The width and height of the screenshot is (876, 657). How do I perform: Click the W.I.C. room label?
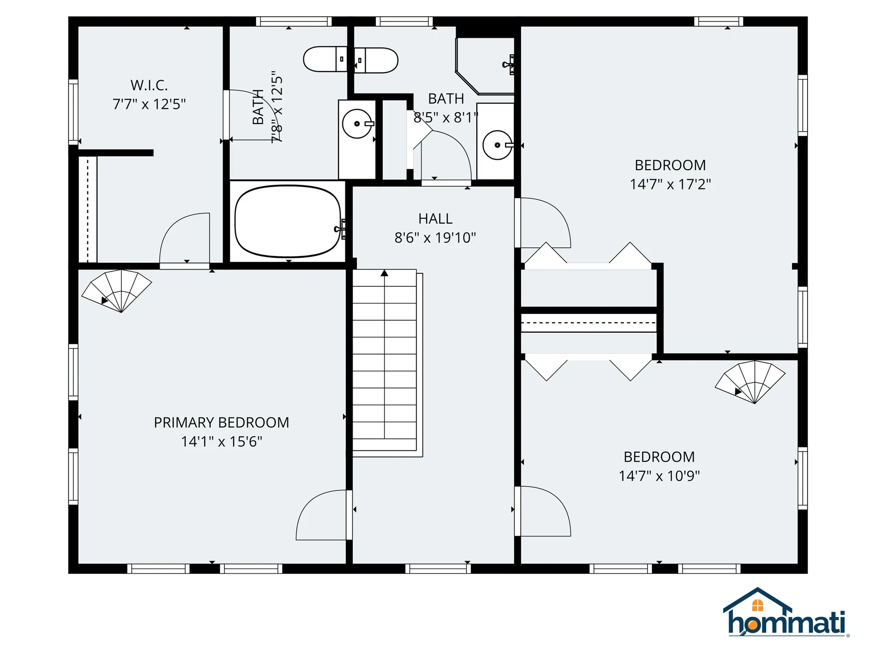(x=149, y=85)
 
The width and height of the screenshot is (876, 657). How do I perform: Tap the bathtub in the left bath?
(x=287, y=221)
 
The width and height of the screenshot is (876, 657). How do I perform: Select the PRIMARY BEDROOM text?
(x=221, y=422)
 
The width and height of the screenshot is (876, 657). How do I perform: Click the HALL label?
(x=435, y=219)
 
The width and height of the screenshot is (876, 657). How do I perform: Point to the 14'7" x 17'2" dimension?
(x=670, y=184)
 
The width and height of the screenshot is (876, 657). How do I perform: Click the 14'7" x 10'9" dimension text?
(x=659, y=476)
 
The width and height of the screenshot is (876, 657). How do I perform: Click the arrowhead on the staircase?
(x=385, y=273)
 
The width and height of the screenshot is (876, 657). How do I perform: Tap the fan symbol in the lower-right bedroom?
(x=751, y=381)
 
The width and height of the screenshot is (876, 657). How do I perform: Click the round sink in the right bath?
(x=497, y=145)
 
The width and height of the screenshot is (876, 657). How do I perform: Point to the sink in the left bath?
(x=357, y=124)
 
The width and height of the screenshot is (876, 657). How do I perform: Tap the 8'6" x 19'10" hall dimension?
(x=435, y=238)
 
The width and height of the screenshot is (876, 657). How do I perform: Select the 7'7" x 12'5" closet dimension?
(x=149, y=104)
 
